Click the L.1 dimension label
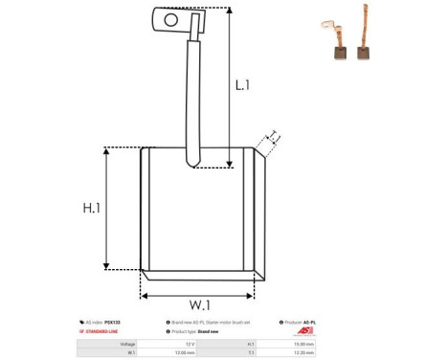242,84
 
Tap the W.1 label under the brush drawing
199,305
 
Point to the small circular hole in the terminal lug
172,18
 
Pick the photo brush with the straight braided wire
365,43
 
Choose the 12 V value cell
190,343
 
